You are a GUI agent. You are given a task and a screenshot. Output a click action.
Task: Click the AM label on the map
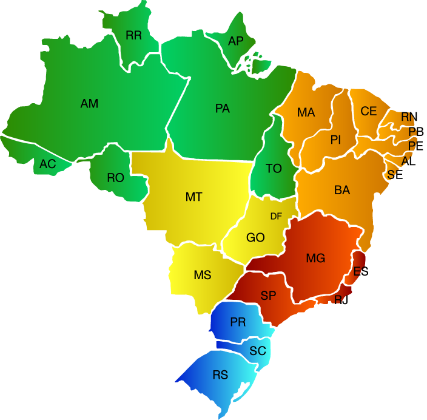pyautogui.click(x=89, y=104)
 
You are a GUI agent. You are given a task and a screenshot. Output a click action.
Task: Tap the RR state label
pyautogui.click(x=133, y=35)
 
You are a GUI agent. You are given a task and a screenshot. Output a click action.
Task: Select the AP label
pyautogui.click(x=235, y=41)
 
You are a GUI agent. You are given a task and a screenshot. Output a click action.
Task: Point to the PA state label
pyautogui.click(x=223, y=109)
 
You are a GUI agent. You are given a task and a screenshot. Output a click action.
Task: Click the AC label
pyautogui.click(x=48, y=164)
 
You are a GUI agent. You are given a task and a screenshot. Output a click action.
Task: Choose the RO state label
pyautogui.click(x=115, y=178)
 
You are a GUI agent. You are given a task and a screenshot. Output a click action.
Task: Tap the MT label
pyautogui.click(x=194, y=197)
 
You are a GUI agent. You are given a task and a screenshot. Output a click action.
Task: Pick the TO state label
pyautogui.click(x=274, y=169)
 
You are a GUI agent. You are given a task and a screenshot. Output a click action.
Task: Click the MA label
pyautogui.click(x=306, y=112)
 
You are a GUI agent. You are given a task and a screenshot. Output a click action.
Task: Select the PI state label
pyautogui.click(x=336, y=140)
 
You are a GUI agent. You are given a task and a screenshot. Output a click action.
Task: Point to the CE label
pyautogui.click(x=369, y=111)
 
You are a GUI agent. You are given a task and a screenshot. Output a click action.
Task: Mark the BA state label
pyautogui.click(x=342, y=190)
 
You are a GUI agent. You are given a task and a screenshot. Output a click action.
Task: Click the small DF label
pyautogui.click(x=276, y=216)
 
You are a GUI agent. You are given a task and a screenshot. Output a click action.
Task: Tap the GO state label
pyautogui.click(x=255, y=237)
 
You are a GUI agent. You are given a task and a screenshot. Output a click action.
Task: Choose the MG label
pyautogui.click(x=315, y=259)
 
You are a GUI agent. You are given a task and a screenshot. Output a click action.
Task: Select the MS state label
pyautogui.click(x=203, y=275)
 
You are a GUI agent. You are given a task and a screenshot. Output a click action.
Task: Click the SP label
pyautogui.click(x=269, y=296)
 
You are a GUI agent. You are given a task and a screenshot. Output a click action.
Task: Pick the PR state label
pyautogui.click(x=238, y=322)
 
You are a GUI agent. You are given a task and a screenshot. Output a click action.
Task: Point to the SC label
pyautogui.click(x=258, y=351)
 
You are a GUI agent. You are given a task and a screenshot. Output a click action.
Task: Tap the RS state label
pyautogui.click(x=220, y=375)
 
